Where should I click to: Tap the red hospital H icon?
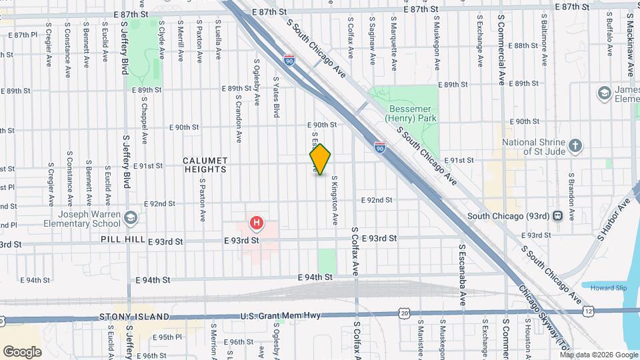255,222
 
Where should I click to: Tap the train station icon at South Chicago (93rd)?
557,215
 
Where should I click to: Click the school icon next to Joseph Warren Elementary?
132,217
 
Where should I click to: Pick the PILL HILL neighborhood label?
119,239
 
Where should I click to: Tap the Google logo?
23,351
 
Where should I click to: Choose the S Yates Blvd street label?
275,97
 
